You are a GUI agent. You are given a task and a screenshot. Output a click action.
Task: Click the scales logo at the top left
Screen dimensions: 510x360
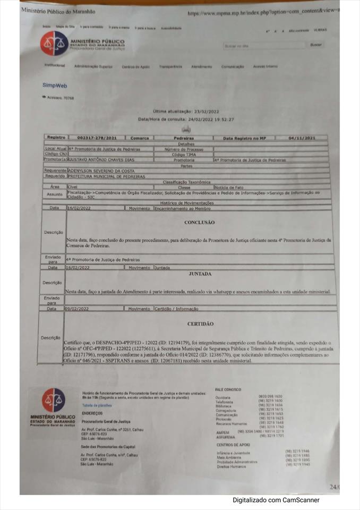(x=54, y=44)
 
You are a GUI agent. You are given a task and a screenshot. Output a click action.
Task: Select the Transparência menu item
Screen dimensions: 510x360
(x=170, y=67)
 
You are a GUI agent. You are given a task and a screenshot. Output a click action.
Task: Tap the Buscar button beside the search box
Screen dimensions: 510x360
(x=316, y=45)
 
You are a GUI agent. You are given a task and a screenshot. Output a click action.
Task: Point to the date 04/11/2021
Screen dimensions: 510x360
(x=302, y=138)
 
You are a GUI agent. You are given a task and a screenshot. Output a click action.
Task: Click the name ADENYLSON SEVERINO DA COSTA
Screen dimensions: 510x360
(x=101, y=171)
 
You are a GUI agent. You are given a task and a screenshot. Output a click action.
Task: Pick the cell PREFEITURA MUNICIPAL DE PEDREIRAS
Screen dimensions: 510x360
(x=107, y=176)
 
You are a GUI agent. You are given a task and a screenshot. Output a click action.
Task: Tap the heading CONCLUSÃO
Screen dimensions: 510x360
(x=200, y=223)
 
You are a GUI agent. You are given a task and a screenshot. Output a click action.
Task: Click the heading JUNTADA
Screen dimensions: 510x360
(x=200, y=274)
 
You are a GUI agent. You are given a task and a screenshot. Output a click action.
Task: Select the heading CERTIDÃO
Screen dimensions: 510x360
(x=200, y=324)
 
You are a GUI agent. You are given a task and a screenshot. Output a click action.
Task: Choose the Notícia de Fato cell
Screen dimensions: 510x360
(x=229, y=187)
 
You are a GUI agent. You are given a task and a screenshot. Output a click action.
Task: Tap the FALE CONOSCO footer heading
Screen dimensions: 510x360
(x=228, y=389)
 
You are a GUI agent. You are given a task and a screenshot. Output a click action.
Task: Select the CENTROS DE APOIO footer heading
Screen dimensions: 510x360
(x=233, y=444)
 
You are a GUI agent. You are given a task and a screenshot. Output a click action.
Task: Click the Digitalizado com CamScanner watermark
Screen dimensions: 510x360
(x=276, y=500)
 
